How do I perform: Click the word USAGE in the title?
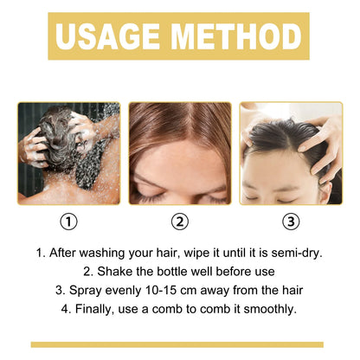(x=108, y=35)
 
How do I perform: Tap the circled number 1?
(x=69, y=222)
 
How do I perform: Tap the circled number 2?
(x=179, y=222)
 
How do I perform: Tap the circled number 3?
(x=291, y=222)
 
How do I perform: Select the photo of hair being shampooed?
(x=69, y=153)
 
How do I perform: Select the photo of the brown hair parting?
(x=179, y=153)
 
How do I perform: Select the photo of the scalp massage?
(x=291, y=153)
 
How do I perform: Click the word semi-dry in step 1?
(x=295, y=254)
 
